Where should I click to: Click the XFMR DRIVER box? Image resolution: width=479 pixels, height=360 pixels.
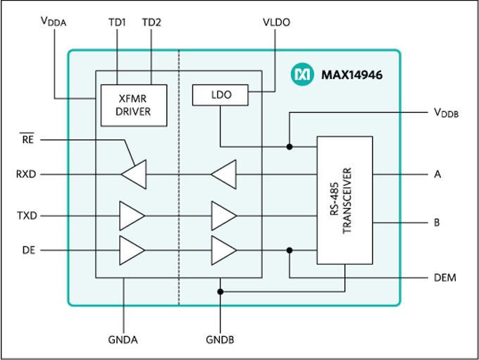(x=134, y=105)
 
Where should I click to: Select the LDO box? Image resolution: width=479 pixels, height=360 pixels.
(x=220, y=94)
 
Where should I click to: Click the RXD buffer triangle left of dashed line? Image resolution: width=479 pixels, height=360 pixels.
(x=133, y=174)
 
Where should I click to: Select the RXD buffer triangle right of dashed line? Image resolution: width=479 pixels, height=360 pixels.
(x=224, y=174)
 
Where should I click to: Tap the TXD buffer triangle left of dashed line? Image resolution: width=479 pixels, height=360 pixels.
(x=132, y=216)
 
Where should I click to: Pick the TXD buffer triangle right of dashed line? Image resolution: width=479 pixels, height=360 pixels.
(x=224, y=216)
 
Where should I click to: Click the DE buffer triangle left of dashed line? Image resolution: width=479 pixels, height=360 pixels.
(x=132, y=250)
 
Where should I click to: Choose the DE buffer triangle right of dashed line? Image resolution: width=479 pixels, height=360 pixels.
(x=224, y=250)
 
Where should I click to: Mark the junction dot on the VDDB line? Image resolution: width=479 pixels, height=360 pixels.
(x=290, y=147)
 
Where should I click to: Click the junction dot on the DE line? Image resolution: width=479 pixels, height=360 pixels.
(x=290, y=250)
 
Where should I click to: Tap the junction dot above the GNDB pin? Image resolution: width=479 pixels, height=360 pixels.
(x=220, y=291)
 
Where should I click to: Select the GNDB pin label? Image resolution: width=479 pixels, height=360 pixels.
(x=220, y=340)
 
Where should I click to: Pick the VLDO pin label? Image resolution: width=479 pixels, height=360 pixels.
(x=276, y=23)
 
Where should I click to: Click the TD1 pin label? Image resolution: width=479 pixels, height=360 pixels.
(x=118, y=23)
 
